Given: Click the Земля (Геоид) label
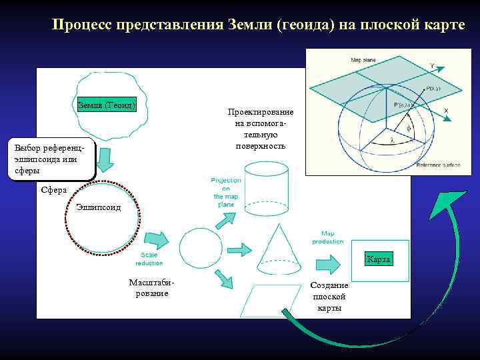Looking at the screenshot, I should point(107,105).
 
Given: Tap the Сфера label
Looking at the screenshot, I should point(54,190).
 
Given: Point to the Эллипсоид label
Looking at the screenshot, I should point(99,207).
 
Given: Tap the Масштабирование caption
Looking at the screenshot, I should point(150,288).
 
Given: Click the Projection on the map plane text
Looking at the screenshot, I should point(226,192).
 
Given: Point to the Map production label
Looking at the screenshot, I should point(328,237).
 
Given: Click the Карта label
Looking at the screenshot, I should point(378,259).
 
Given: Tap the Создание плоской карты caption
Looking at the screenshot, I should point(329,297).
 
